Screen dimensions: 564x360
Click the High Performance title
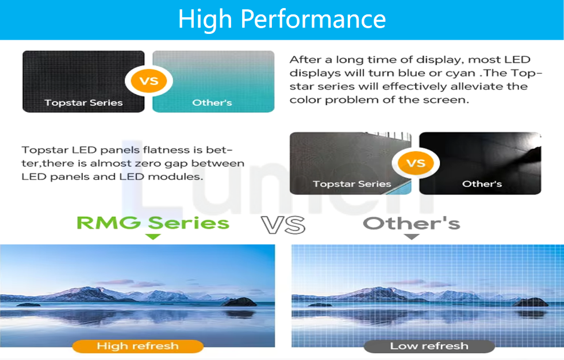pyautogui.click(x=282, y=19)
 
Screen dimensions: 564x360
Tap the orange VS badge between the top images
pyautogui.click(x=149, y=81)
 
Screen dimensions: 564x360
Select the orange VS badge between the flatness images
pyautogui.click(x=416, y=163)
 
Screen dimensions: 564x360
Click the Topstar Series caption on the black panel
pyautogui.click(x=83, y=102)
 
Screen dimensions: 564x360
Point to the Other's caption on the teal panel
pyautogui.click(x=212, y=102)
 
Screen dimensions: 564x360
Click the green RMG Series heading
pyautogui.click(x=153, y=223)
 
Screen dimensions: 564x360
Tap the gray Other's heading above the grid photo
pyautogui.click(x=412, y=223)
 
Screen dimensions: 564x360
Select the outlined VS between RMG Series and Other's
pyautogui.click(x=283, y=225)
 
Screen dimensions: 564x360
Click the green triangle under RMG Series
pyautogui.click(x=153, y=236)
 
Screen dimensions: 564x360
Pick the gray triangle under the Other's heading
pyautogui.click(x=412, y=236)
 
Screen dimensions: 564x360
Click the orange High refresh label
pyautogui.click(x=138, y=346)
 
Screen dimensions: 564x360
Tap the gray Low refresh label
pyautogui.click(x=429, y=346)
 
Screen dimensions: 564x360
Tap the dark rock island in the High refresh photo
pyautogui.click(x=239, y=302)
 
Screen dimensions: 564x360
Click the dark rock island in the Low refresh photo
pyautogui.click(x=531, y=302)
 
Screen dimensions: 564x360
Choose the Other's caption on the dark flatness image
pyautogui.click(x=482, y=184)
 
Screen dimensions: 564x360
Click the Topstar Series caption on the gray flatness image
pyautogui.click(x=352, y=184)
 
